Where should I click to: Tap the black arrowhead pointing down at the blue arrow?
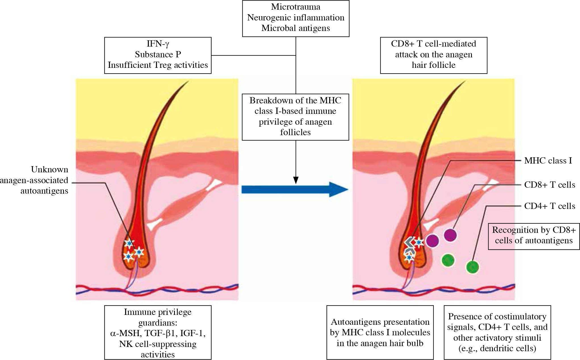coord(296,180)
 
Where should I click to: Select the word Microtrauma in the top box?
coord(296,7)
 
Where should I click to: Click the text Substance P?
coord(158,54)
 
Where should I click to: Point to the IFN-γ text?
coord(158,44)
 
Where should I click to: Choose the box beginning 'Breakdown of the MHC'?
coord(295,117)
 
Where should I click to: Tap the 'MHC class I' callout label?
coord(548,161)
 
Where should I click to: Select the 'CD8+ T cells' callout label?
coord(549,185)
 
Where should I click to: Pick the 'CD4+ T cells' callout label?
coord(549,206)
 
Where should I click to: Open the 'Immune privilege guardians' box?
coord(158,332)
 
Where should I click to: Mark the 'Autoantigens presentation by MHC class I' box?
coord(380,332)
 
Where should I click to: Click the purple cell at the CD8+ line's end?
coord(450,235)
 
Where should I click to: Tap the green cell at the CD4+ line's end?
coord(472,267)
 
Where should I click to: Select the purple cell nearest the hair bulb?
coord(432,241)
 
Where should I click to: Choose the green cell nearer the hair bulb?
coord(448,260)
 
